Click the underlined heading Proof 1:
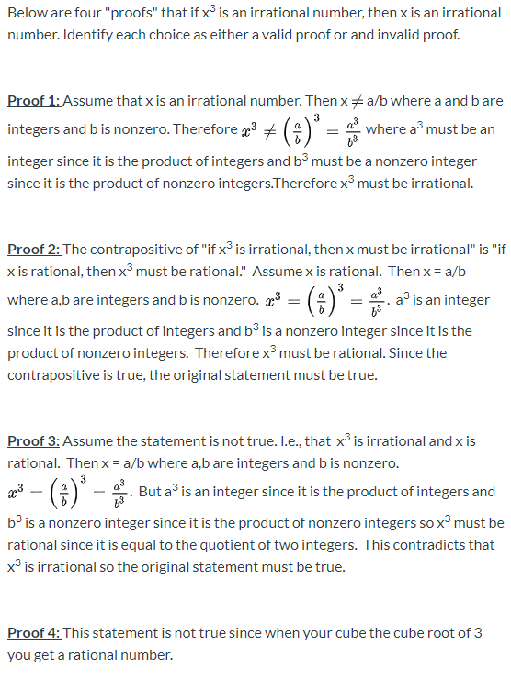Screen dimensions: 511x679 tap(33, 101)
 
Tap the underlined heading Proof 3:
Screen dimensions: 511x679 tap(33, 441)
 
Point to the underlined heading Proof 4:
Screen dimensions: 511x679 tap(33, 633)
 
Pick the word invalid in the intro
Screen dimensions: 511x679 tap(404, 34)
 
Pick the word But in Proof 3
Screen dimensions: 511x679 tap(150, 492)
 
